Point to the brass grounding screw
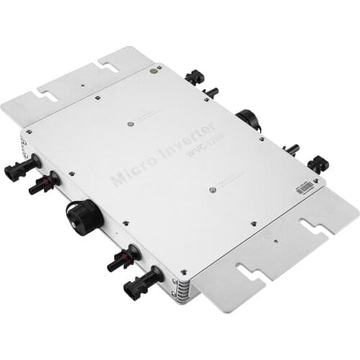pyautogui.click(x=153, y=71)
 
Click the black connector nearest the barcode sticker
pyautogui.click(x=318, y=164)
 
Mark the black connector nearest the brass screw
pyautogui.click(x=194, y=76)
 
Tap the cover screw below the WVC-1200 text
pyautogui.click(x=213, y=189)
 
